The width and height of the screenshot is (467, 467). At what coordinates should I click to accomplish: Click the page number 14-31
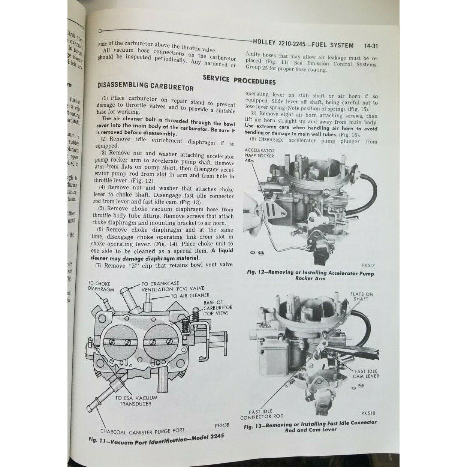370,46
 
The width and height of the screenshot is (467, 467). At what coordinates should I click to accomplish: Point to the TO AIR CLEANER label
190,296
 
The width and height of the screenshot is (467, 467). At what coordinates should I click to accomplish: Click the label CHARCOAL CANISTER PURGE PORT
142,431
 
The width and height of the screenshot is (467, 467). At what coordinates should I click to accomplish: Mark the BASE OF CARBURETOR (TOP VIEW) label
217,308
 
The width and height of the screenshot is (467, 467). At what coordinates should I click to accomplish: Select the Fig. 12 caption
310,275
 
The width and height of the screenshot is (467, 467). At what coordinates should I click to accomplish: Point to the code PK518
368,413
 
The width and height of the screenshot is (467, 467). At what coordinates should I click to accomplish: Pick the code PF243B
222,425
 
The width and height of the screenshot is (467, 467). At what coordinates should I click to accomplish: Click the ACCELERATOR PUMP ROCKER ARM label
259,155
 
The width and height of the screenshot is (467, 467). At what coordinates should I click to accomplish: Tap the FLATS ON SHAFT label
362,296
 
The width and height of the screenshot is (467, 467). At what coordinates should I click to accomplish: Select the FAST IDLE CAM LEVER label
366,373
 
